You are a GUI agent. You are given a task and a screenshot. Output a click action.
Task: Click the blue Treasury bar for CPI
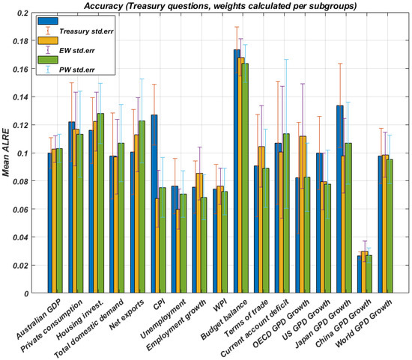[154, 204]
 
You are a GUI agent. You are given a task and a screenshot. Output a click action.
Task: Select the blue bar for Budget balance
[237, 171]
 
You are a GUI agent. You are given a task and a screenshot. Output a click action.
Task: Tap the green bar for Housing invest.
[100, 204]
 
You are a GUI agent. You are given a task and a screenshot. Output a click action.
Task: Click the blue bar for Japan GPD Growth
[340, 199]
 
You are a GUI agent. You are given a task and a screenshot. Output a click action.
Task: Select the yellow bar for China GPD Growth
[365, 272]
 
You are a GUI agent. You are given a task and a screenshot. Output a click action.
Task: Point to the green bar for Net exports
[142, 207]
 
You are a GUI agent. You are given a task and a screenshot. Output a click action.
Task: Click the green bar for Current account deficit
[286, 213]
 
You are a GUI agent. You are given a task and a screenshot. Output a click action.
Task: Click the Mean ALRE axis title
[6, 153]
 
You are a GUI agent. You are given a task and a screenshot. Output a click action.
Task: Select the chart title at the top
[220, 6]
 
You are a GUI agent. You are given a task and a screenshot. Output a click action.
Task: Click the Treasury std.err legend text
[86, 31]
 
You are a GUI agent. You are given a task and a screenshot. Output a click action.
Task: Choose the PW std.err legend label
[76, 70]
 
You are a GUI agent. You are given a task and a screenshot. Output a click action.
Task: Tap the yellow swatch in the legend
[48, 40]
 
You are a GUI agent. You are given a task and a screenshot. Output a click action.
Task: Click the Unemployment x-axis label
[163, 319]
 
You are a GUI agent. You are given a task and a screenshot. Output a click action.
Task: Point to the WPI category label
[219, 305]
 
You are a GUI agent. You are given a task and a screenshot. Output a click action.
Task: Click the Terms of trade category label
[246, 318]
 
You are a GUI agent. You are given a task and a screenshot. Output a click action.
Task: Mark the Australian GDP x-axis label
[39, 319]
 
